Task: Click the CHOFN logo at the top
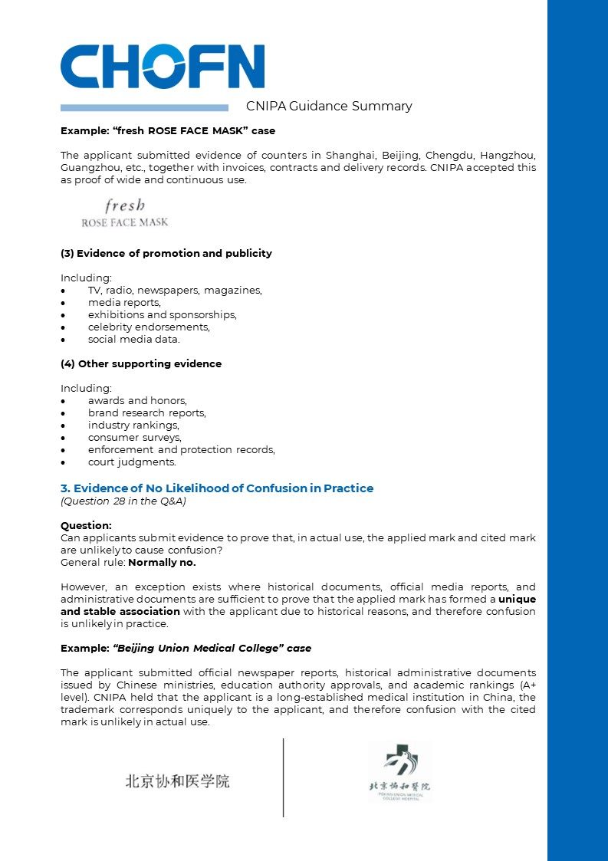click(x=163, y=67)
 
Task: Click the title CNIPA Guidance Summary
click(x=329, y=107)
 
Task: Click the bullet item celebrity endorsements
click(x=148, y=327)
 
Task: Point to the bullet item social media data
click(x=133, y=339)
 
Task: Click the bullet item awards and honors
click(x=136, y=400)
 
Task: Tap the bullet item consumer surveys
click(x=134, y=437)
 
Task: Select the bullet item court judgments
click(x=131, y=462)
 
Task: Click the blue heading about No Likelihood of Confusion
click(x=217, y=488)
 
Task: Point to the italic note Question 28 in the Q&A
click(x=123, y=501)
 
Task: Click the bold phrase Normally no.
click(x=162, y=562)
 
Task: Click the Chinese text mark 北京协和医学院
click(x=178, y=781)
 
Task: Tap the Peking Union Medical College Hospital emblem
click(x=399, y=771)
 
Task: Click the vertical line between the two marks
click(x=284, y=777)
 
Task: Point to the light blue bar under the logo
click(x=144, y=108)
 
